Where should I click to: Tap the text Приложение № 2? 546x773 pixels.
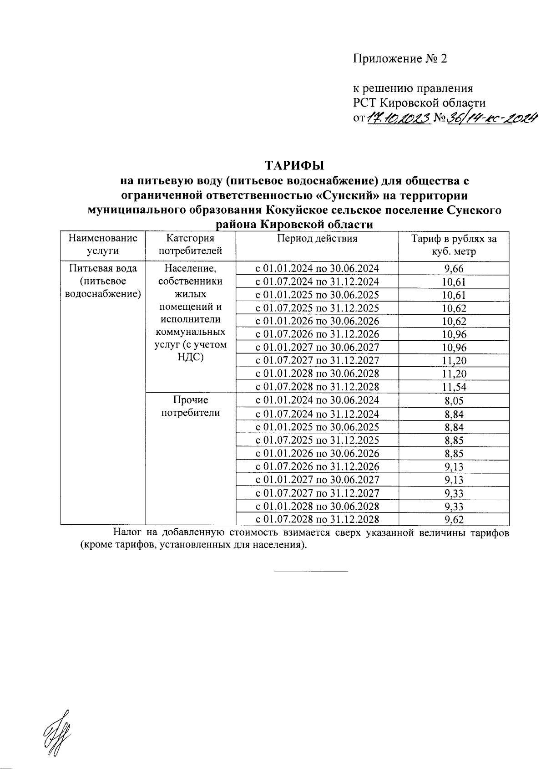[x=400, y=59]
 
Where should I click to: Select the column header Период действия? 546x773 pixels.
[x=317, y=238]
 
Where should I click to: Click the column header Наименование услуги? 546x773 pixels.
[x=103, y=245]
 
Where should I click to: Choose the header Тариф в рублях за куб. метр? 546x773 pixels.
[x=454, y=245]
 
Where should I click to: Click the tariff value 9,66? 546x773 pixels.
[x=454, y=269]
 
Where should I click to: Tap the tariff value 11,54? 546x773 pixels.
[x=454, y=388]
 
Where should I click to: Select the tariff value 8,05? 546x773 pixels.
[x=454, y=401]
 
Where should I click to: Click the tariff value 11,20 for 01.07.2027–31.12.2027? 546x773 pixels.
[x=454, y=361]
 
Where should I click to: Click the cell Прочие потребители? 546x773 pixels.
[x=191, y=406]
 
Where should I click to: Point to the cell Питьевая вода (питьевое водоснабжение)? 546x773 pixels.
[x=103, y=281]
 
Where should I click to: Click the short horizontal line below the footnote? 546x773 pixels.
[x=311, y=571]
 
